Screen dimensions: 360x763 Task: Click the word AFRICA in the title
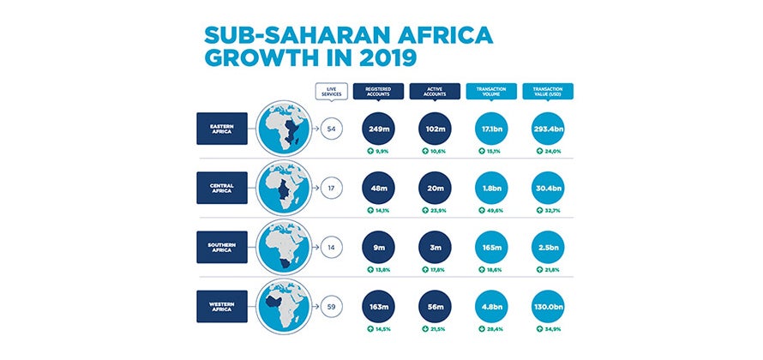pyautogui.click(x=446, y=36)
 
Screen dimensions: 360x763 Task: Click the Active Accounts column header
pyautogui.click(x=433, y=91)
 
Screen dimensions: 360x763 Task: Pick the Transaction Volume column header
pyautogui.click(x=490, y=91)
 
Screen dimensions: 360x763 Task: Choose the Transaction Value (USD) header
pyautogui.click(x=547, y=91)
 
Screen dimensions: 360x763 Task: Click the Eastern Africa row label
pyautogui.click(x=222, y=129)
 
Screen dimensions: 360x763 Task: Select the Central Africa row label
pyautogui.click(x=222, y=188)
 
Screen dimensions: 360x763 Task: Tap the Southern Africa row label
pyautogui.click(x=222, y=247)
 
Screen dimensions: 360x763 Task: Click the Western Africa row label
pyautogui.click(x=222, y=306)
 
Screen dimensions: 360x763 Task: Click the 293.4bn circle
pyautogui.click(x=547, y=129)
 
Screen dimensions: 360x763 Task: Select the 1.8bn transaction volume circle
pyautogui.click(x=490, y=188)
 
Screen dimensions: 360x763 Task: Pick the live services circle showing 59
pyautogui.click(x=331, y=306)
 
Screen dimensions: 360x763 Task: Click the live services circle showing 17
pyautogui.click(x=331, y=188)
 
